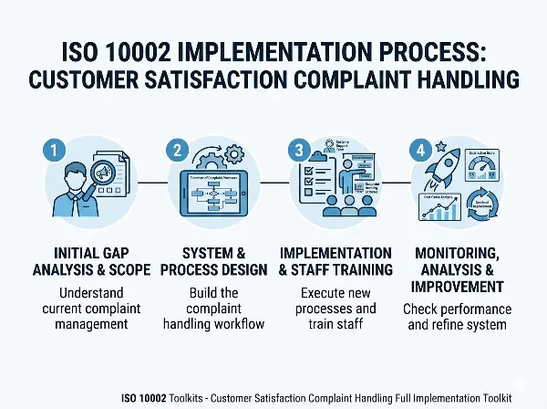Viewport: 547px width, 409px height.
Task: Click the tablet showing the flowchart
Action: click(x=208, y=192)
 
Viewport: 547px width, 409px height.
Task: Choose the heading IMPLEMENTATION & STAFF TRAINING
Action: click(x=335, y=261)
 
